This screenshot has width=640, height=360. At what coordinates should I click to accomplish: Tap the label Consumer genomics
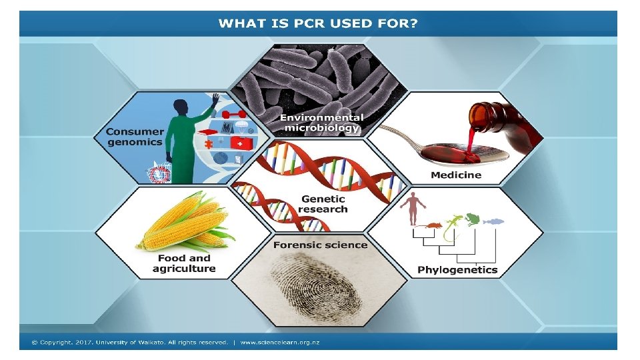click(134, 137)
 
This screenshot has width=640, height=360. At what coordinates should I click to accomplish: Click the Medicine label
click(455, 175)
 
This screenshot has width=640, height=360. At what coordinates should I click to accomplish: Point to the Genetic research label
click(323, 204)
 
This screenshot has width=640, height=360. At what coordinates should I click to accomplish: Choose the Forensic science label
click(320, 245)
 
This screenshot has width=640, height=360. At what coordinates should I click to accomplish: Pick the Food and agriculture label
click(184, 263)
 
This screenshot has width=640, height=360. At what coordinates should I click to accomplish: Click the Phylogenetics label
click(457, 270)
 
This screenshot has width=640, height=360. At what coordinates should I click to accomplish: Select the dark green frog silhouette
click(473, 218)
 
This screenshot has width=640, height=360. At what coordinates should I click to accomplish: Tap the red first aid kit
click(236, 143)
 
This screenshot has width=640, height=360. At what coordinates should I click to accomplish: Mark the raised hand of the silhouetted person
click(215, 99)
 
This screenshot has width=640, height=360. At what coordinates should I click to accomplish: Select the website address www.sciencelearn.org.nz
click(279, 342)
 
